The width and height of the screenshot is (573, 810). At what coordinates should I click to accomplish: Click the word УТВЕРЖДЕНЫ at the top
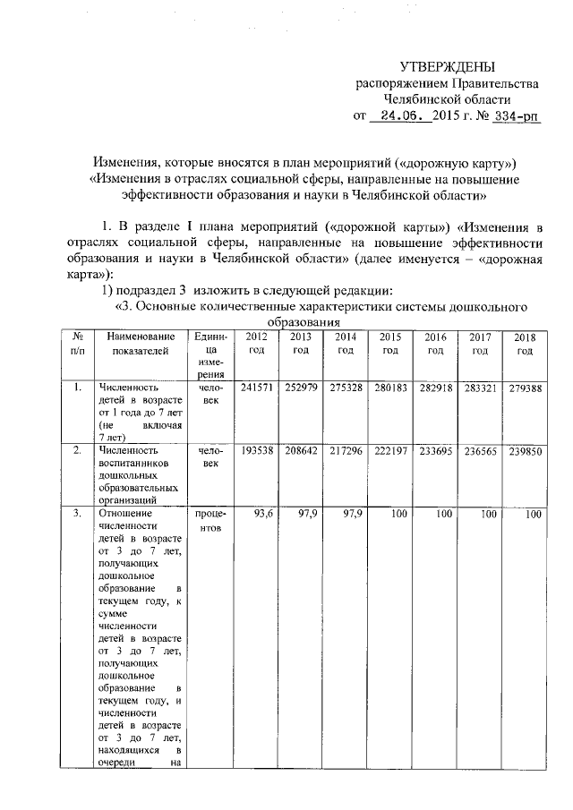[x=446, y=68]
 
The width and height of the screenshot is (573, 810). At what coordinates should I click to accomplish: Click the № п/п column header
[x=78, y=343]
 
